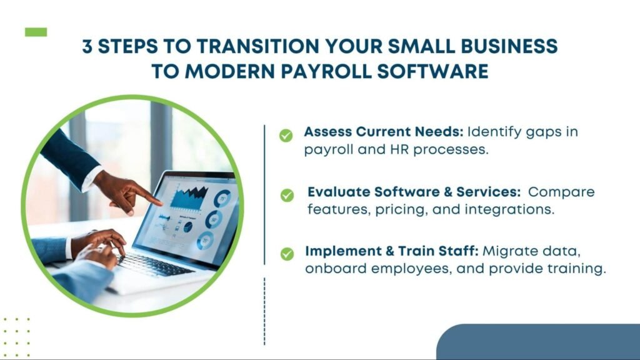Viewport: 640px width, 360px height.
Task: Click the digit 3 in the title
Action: tap(87, 46)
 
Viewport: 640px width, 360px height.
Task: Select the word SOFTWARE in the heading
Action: tap(432, 71)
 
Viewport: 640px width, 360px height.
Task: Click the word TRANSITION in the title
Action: tap(257, 46)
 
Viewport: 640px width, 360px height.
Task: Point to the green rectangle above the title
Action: tap(36, 32)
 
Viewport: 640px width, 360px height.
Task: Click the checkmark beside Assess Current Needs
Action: tap(286, 136)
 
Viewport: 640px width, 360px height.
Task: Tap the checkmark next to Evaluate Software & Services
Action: tap(287, 196)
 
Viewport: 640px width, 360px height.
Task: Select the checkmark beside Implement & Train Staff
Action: tap(287, 254)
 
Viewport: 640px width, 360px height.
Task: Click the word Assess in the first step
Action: tap(327, 131)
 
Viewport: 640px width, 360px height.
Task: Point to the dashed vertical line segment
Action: tap(264, 311)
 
